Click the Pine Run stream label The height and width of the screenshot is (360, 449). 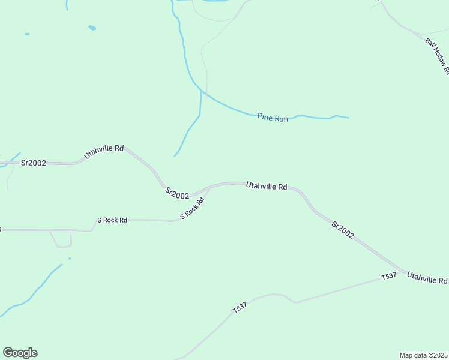click(x=273, y=118)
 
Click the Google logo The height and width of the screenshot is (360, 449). click(x=20, y=353)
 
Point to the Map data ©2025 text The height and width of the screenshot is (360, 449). click(x=423, y=355)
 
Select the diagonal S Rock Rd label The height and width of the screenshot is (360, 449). click(x=193, y=208)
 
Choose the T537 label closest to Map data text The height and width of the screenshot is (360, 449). click(x=389, y=277)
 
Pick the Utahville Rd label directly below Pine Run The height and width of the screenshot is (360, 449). click(x=267, y=187)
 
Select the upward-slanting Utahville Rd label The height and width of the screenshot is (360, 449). click(x=104, y=151)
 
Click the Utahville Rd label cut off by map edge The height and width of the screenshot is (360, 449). click(x=427, y=278)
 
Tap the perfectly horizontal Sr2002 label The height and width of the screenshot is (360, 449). click(x=34, y=163)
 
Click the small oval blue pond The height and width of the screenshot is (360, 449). click(x=92, y=28)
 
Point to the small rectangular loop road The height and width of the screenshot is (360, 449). click(x=62, y=239)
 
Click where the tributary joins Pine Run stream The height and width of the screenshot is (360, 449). click(x=201, y=92)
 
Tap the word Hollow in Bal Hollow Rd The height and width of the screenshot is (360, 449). click(x=438, y=56)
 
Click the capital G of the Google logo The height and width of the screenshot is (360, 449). click(x=8, y=353)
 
